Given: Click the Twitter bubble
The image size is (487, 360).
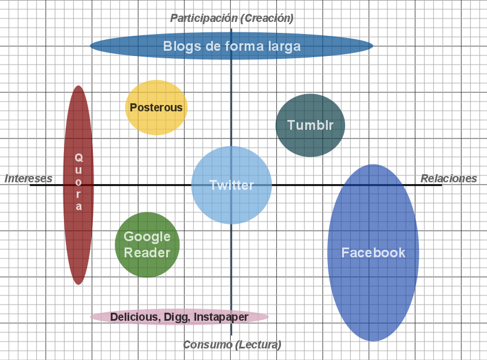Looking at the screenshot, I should pos(231,185).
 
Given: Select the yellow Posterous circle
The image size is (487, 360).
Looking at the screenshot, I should pos(156,107).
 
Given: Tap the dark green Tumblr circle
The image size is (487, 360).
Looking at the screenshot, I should pos(310,125).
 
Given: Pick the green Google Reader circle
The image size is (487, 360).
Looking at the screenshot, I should pos(147,245).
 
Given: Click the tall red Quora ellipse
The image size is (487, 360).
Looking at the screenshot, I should pos(78,185).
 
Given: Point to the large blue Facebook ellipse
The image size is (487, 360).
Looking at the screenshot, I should pos(373,253).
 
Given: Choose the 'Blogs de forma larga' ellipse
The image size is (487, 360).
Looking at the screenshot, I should pos(231,46).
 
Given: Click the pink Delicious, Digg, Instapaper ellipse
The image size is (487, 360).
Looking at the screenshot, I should pos(179,317).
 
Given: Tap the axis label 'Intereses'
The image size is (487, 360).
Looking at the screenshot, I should pos(29,178).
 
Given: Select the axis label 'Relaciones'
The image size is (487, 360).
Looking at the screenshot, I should pos(449,178).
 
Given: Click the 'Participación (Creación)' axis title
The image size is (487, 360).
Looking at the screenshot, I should pos(232,18).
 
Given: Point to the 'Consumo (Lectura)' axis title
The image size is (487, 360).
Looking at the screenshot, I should pos(232,344).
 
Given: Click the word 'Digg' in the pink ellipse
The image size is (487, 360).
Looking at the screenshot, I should pos(176,317).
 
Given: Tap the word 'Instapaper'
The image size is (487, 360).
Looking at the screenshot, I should pos(221,317).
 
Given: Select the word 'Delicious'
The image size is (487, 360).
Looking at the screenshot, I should pos(134,317).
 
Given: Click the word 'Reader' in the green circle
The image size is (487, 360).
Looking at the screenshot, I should pos(147,253).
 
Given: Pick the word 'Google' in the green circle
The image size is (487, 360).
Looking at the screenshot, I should pos(147,237).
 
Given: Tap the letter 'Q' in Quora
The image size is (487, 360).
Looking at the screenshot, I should pos(78,157).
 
